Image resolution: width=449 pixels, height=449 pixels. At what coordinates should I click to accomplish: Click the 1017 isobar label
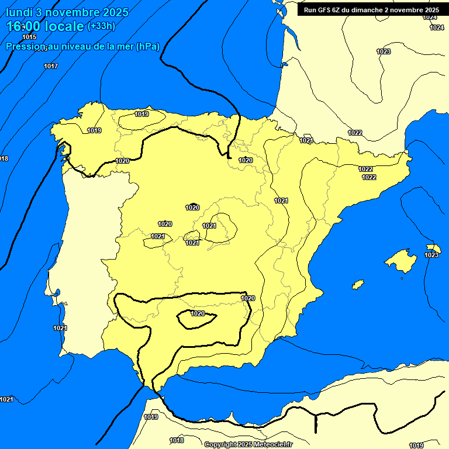(51, 66)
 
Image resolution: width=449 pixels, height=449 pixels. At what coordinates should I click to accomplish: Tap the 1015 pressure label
(29, 37)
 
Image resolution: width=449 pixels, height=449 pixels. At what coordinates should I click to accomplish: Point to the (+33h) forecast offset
(101, 26)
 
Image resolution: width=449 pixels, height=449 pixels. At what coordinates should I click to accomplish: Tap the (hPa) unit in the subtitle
(147, 47)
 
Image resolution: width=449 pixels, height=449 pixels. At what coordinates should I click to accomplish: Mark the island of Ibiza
(357, 285)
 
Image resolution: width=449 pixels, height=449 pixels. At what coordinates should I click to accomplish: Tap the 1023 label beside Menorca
(431, 255)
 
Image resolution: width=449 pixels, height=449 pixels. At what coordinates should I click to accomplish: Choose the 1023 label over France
(384, 51)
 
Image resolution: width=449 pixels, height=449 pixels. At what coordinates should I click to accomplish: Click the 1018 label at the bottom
(177, 440)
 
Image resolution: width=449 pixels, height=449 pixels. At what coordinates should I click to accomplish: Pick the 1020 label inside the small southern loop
(198, 313)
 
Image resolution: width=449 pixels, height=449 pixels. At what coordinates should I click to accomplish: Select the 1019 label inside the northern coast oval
(141, 114)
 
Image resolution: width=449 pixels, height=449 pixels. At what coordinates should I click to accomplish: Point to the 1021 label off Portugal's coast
(60, 328)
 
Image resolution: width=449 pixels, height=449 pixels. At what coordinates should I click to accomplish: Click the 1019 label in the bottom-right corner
(416, 445)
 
